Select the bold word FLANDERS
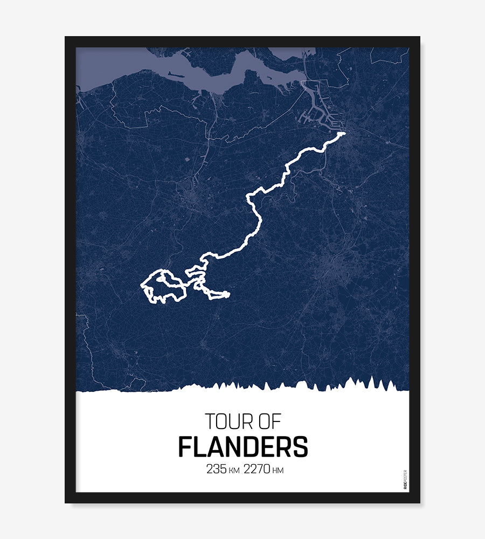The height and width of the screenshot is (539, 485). (x=242, y=447)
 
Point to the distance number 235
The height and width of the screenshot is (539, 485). (x=217, y=469)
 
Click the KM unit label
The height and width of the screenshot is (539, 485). (x=234, y=471)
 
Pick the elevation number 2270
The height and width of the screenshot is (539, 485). (x=257, y=469)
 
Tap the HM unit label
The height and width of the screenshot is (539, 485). (x=278, y=471)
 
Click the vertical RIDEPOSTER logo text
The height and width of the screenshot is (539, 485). (x=405, y=479)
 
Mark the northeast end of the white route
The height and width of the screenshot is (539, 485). (x=343, y=133)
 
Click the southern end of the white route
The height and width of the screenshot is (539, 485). (x=227, y=294)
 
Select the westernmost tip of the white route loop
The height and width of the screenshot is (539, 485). (x=142, y=284)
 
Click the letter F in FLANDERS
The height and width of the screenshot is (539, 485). (x=185, y=447)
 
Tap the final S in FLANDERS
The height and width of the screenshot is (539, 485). (x=300, y=447)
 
